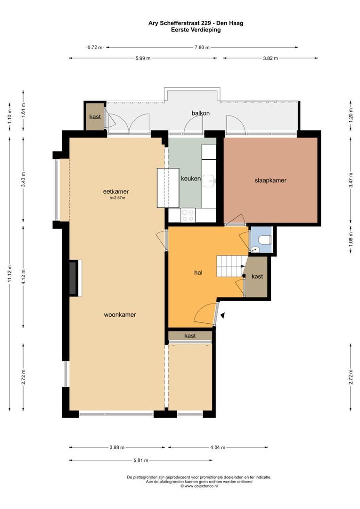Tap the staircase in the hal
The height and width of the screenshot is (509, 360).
230,266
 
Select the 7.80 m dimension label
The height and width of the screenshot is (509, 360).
202,48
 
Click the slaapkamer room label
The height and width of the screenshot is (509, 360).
270,181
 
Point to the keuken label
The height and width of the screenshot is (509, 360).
190,178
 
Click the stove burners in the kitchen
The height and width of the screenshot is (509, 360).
188,215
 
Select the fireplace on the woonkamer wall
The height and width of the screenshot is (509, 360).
75,278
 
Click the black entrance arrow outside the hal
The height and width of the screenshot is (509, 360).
223,315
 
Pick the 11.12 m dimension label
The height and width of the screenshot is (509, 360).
10,273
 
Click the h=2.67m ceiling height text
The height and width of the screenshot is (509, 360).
117,197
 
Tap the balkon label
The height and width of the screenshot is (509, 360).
201,113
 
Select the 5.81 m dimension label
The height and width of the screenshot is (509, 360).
141,460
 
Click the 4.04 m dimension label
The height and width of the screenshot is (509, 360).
218,447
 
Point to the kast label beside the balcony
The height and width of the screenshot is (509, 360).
95,117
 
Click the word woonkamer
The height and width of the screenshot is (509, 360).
120,314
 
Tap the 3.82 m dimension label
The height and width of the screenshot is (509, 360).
270,58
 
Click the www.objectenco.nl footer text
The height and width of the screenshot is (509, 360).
199,486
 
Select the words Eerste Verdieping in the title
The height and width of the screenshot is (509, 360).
196,30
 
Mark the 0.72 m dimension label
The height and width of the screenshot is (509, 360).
95,48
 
